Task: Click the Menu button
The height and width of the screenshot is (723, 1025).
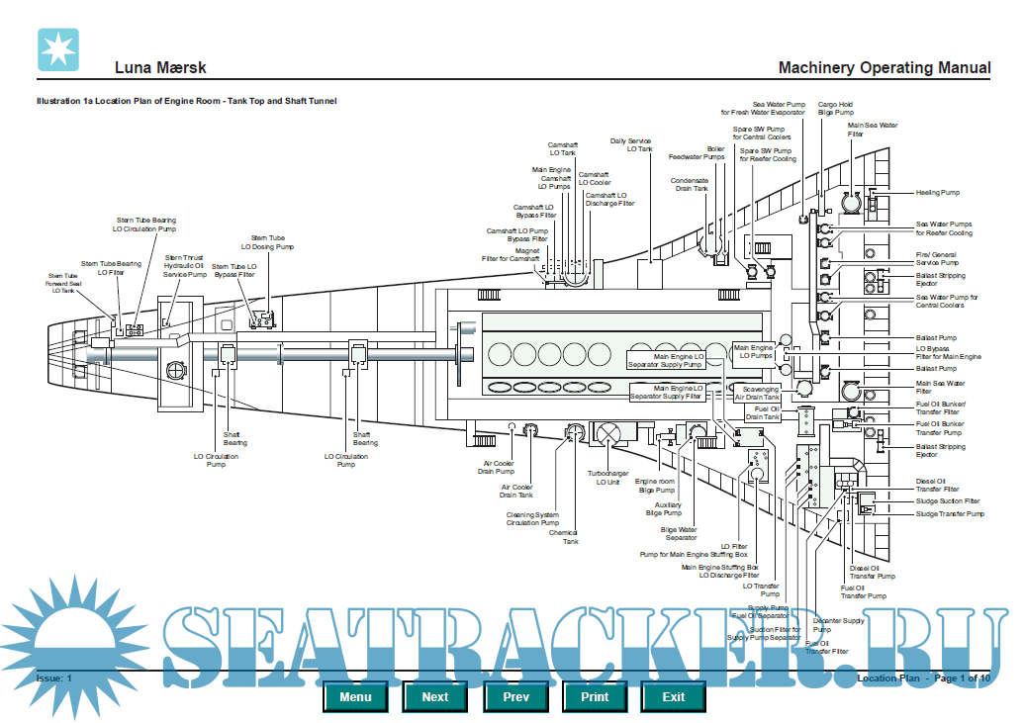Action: pyautogui.click(x=355, y=696)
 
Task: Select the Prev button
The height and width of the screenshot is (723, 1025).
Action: pyautogui.click(x=515, y=696)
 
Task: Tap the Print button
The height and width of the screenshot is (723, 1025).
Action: pyautogui.click(x=595, y=696)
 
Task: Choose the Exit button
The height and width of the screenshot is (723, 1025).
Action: pyautogui.click(x=674, y=696)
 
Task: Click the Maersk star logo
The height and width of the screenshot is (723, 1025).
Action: pyautogui.click(x=57, y=49)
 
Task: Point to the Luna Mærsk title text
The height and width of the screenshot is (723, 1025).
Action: pyautogui.click(x=160, y=68)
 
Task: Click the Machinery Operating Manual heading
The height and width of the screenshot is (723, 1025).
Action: pyautogui.click(x=884, y=68)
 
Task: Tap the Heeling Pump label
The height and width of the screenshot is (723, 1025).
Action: pyautogui.click(x=937, y=193)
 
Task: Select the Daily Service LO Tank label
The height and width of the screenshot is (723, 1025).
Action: pyautogui.click(x=631, y=145)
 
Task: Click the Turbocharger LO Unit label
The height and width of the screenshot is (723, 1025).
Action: pyautogui.click(x=607, y=479)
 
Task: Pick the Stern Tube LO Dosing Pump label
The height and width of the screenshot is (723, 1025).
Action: pyautogui.click(x=267, y=242)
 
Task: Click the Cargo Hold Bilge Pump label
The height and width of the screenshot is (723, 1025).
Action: pyautogui.click(x=835, y=109)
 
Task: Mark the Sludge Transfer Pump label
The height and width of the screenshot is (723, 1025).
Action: pyautogui.click(x=949, y=514)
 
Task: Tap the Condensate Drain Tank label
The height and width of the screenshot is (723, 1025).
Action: pyautogui.click(x=689, y=184)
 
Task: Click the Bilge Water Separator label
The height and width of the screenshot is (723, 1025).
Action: pyautogui.click(x=680, y=533)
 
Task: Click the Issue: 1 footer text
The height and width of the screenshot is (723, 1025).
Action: pyautogui.click(x=54, y=678)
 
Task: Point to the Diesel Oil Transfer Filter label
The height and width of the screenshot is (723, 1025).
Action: pyautogui.click(x=937, y=486)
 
